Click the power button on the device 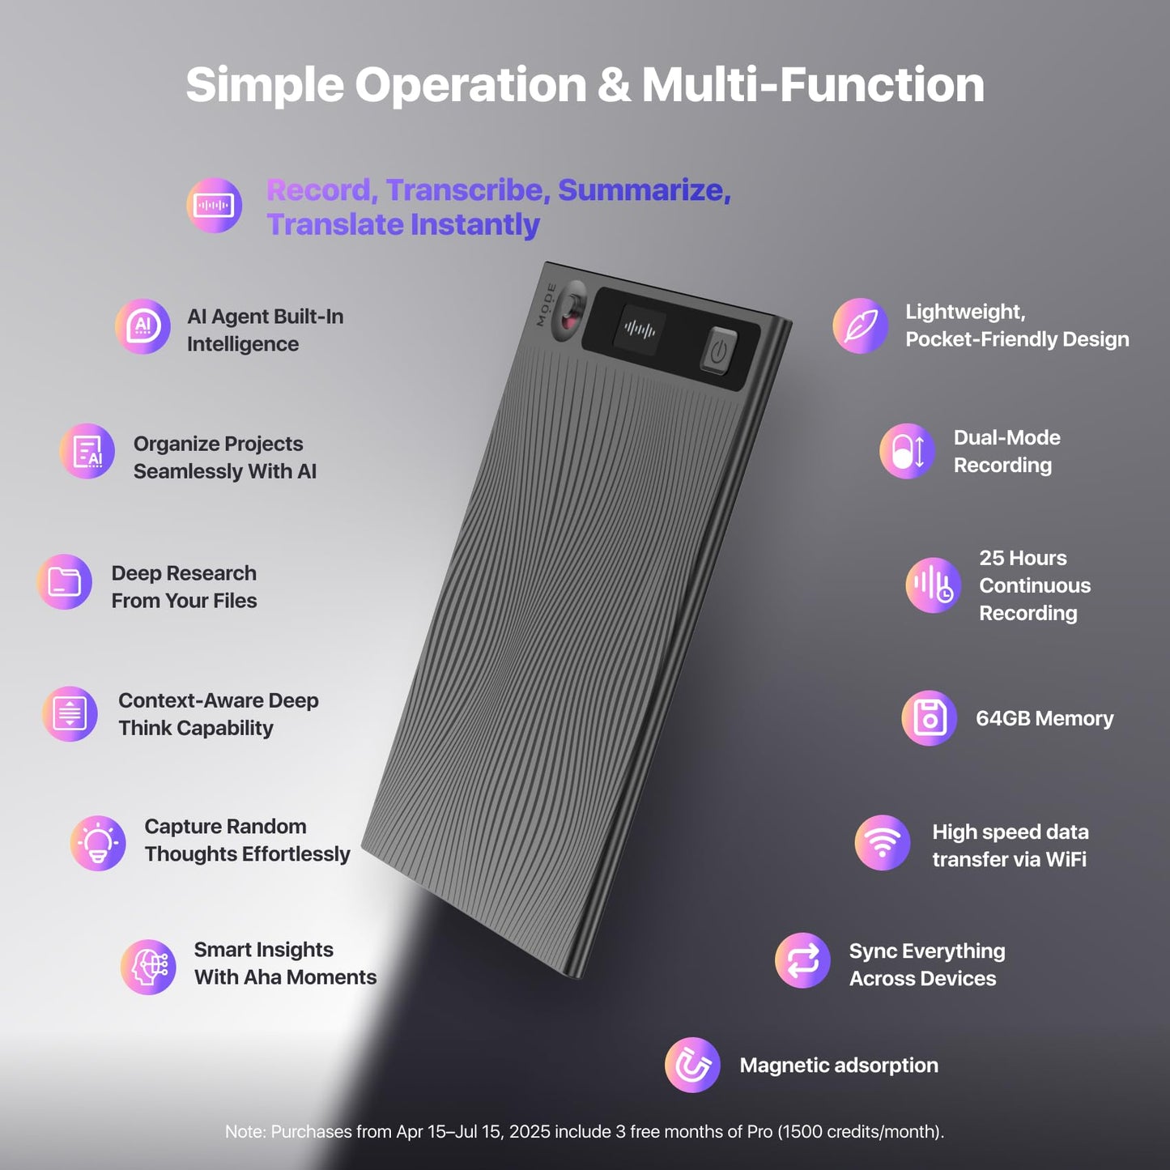[x=718, y=351]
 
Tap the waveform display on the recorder [x=640, y=330]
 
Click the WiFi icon [x=883, y=843]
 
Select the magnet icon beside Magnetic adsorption [x=692, y=1065]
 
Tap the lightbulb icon [x=98, y=843]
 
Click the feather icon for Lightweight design [x=861, y=325]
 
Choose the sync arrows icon [x=802, y=961]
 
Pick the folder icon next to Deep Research [x=64, y=582]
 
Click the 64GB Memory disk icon [x=930, y=718]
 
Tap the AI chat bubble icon [x=143, y=327]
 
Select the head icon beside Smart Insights [x=149, y=967]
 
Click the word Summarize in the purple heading [x=644, y=190]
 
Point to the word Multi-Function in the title [x=813, y=85]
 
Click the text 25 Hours [x=1023, y=558]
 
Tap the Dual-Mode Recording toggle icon [x=908, y=451]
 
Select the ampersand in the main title [x=615, y=85]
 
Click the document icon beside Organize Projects [x=87, y=451]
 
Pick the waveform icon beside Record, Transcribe [x=214, y=206]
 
